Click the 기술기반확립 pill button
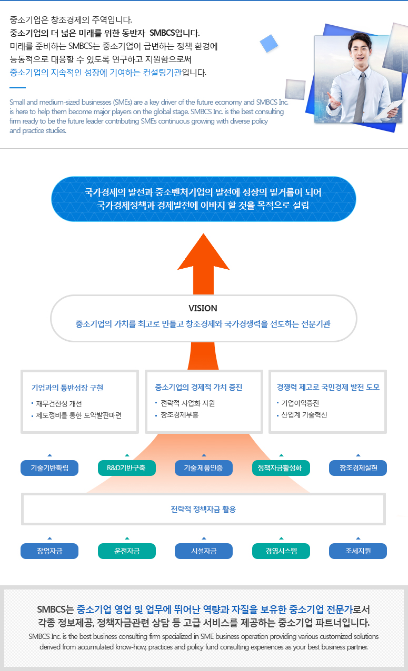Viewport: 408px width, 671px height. point(49,468)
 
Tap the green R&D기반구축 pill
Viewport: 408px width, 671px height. point(127,468)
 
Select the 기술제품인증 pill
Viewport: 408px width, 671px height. point(204,468)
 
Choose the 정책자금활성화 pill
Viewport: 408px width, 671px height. point(281,468)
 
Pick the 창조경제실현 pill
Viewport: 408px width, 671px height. point(358,468)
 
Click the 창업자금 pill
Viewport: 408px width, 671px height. point(49,551)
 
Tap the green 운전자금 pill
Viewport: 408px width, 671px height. point(127,551)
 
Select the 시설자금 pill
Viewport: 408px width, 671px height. point(204,551)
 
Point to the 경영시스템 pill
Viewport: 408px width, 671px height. point(281,551)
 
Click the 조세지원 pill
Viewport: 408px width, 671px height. point(358,551)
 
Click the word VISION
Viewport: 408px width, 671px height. point(203,308)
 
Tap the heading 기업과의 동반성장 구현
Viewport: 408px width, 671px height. point(67,388)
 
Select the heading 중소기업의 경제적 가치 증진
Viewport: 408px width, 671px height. point(198,388)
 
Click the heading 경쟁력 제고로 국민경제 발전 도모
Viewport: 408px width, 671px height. point(328,388)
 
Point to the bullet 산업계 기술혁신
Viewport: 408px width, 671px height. point(304,415)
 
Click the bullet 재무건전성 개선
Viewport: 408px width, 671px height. point(58,404)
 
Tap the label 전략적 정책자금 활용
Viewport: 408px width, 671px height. point(203,509)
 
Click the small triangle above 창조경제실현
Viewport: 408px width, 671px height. point(358,455)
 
